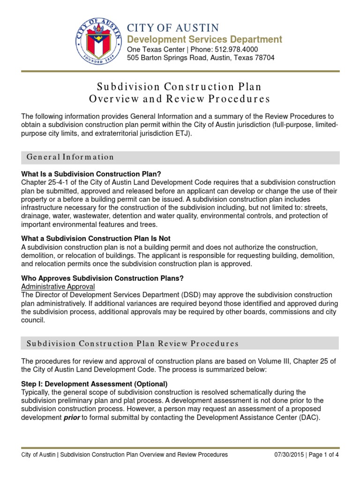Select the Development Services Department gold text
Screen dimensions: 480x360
tap(205, 39)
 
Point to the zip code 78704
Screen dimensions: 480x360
tap(263, 58)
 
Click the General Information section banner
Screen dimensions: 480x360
tap(180, 157)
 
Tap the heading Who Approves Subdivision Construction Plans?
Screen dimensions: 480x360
tap(102, 278)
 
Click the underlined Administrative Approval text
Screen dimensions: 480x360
tap(58, 286)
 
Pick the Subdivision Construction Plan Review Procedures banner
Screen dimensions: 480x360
tap(180, 344)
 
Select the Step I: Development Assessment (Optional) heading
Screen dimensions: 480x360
tap(94, 384)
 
